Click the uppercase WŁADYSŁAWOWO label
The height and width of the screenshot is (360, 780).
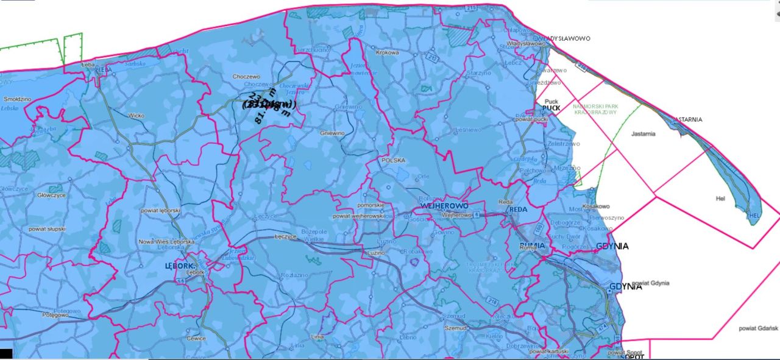tap(566, 38)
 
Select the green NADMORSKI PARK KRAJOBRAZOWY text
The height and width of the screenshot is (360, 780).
tap(596, 110)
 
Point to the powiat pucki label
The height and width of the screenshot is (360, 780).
tap(531, 119)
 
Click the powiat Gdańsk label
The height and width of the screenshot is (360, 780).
tap(758, 329)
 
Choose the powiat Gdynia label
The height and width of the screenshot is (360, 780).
tap(651, 283)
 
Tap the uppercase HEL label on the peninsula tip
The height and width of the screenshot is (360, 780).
tap(754, 216)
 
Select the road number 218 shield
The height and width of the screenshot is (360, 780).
tap(491, 300)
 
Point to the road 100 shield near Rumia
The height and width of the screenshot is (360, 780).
tap(537, 229)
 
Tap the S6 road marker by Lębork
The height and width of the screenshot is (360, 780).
tap(180, 282)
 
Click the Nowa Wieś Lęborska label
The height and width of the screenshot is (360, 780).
tap(166, 242)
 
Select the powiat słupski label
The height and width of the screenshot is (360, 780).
tap(46, 228)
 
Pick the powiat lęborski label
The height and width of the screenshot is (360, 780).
tap(161, 210)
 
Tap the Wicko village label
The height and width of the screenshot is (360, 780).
tap(136, 115)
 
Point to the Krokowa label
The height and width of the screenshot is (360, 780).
tap(387, 53)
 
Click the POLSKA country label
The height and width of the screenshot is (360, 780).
tap(393, 160)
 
